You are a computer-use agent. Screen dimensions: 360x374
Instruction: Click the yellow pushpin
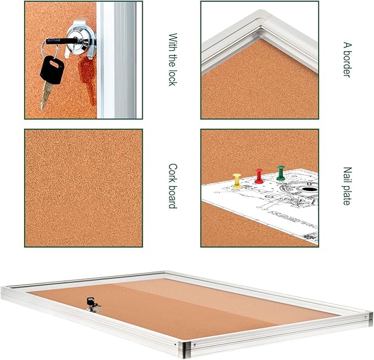tap(237, 181)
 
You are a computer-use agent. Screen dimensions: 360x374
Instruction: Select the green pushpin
tap(281, 173)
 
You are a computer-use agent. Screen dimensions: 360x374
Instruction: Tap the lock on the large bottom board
tap(91, 302)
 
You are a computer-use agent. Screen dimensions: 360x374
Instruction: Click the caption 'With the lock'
tap(172, 59)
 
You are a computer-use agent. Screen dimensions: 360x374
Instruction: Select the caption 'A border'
tap(346, 59)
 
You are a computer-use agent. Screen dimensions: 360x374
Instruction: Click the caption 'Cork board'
tap(172, 186)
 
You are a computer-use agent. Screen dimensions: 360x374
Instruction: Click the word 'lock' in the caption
tap(172, 77)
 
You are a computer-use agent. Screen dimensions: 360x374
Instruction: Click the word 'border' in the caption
tap(346, 65)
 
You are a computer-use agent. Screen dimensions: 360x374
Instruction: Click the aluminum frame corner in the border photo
tap(259, 22)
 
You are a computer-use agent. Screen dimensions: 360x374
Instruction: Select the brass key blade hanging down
tap(45, 96)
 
